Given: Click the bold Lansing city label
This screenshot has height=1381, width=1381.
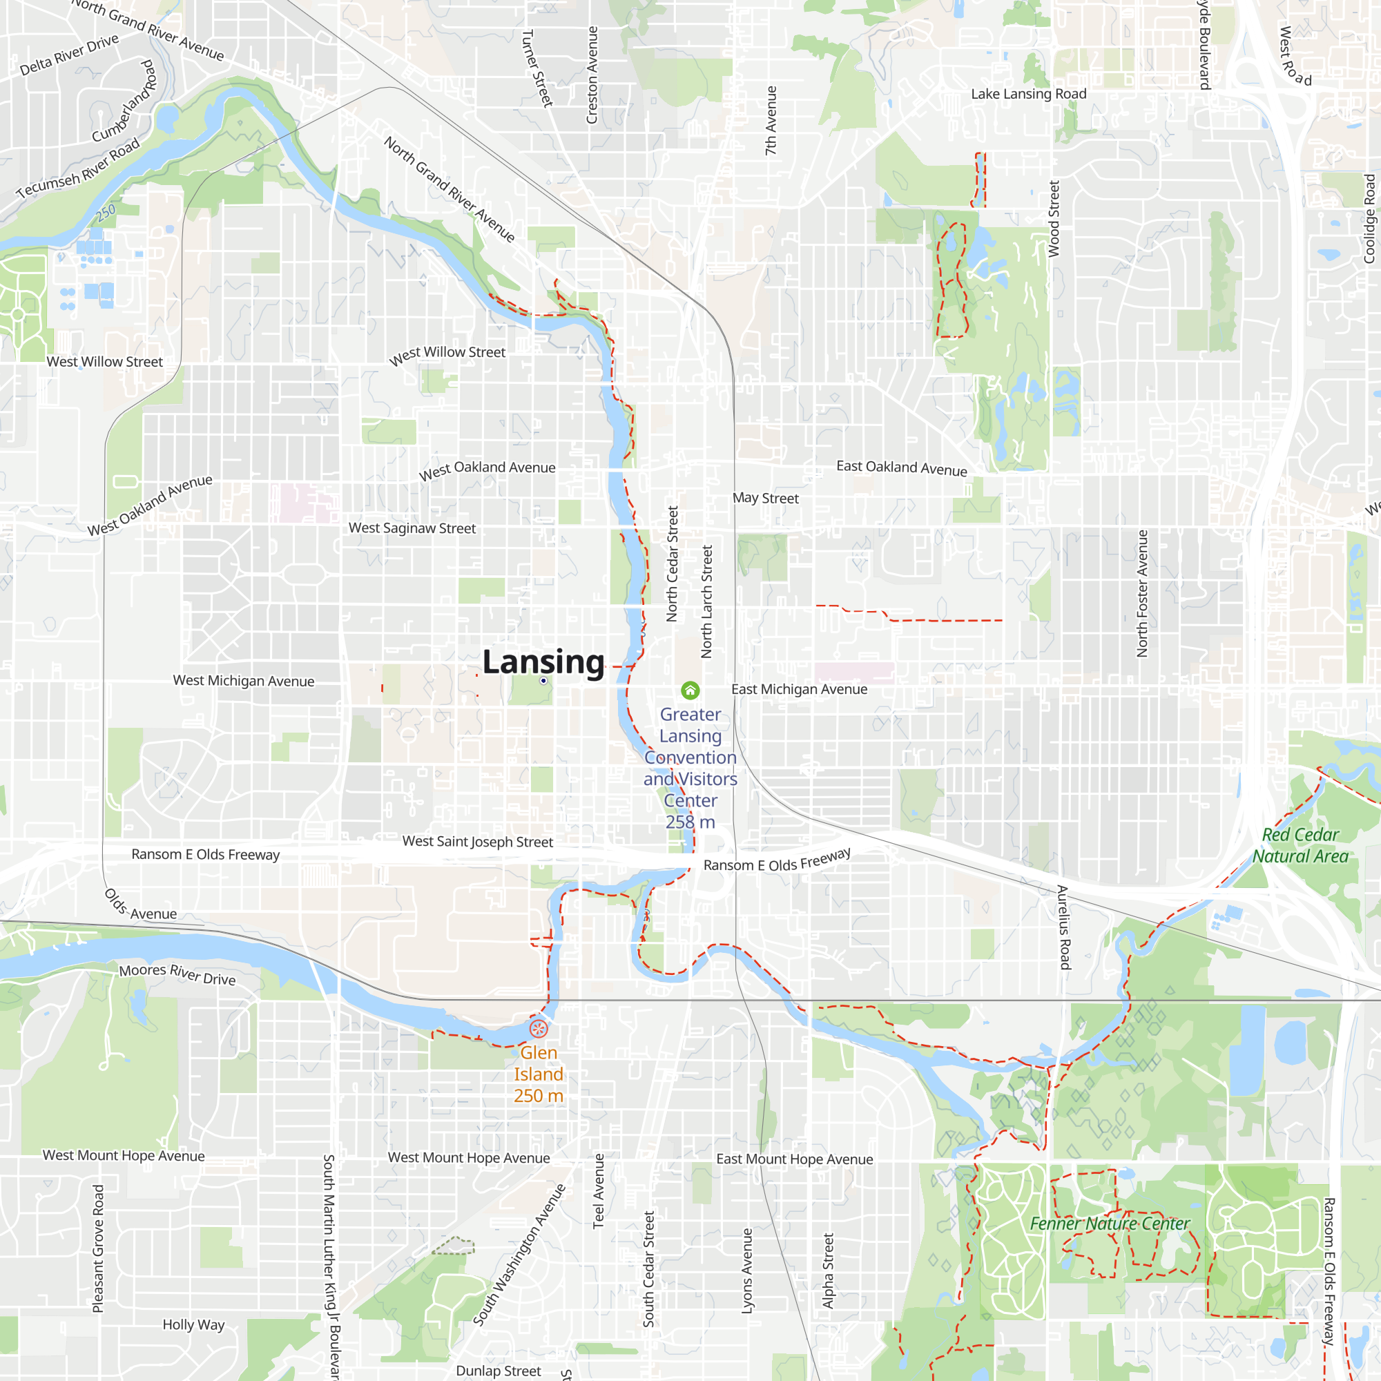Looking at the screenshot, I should point(543,662).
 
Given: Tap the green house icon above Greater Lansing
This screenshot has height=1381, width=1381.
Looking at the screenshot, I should point(690,690).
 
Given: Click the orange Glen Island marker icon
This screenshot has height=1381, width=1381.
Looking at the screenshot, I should point(539,1029).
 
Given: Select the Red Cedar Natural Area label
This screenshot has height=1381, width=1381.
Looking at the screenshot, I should point(1300,845).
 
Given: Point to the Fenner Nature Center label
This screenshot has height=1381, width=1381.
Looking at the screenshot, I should point(1110,1223).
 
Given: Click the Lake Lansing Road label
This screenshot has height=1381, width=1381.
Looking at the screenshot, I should point(1028,94).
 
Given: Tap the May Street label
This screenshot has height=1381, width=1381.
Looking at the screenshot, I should point(765,499).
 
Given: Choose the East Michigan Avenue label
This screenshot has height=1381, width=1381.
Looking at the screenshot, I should point(798,689).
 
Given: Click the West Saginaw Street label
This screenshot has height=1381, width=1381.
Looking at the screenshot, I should point(412,528).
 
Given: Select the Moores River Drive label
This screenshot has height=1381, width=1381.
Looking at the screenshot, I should point(177,974).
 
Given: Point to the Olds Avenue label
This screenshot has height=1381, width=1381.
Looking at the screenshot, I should point(140,906).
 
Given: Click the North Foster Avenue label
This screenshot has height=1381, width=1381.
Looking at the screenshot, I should point(1142,593).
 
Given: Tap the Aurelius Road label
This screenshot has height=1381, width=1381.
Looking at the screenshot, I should point(1063,927).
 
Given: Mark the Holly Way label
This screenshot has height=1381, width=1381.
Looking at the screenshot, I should point(193,1324).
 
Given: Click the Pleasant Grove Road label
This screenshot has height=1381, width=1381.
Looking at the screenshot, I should point(98,1248).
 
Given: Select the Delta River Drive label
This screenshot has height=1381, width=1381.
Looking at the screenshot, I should point(69,55).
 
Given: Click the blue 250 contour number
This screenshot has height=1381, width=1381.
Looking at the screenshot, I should point(106,212).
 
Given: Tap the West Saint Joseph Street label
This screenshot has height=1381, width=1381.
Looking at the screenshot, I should point(478,841).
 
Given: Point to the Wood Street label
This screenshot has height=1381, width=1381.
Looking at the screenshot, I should point(1054,219).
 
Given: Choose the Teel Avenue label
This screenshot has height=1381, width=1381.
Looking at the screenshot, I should point(598,1191).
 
